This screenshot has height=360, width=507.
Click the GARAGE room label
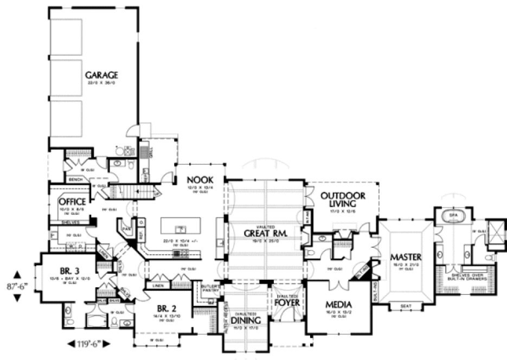(101, 75)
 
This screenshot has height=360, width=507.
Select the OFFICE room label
(72, 202)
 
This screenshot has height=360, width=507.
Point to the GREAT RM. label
(265, 233)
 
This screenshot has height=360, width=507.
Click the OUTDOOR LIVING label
(342, 199)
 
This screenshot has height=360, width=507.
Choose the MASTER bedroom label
(406, 255)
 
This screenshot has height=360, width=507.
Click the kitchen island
(180, 228)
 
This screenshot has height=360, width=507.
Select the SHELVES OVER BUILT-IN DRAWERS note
(470, 275)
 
